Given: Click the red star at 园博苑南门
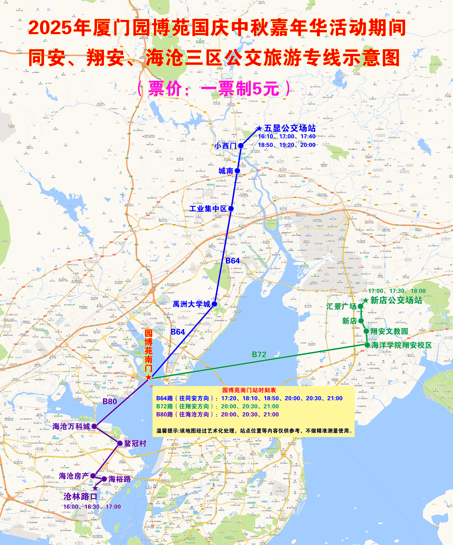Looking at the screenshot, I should pyautogui.click(x=148, y=377).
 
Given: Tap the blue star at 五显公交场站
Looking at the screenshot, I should pyautogui.click(x=259, y=128).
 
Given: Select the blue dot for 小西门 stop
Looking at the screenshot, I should pyautogui.click(x=241, y=146).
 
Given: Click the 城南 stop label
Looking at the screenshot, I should pyautogui.click(x=226, y=171).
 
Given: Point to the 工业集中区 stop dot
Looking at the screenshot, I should pyautogui.click(x=231, y=208).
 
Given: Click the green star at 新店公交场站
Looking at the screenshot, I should pyautogui.click(x=366, y=301).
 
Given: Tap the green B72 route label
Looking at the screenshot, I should pyautogui.click(x=259, y=354).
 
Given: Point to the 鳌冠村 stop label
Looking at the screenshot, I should pyautogui.click(x=135, y=443).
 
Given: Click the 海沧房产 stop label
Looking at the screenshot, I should pyautogui.click(x=74, y=476).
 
